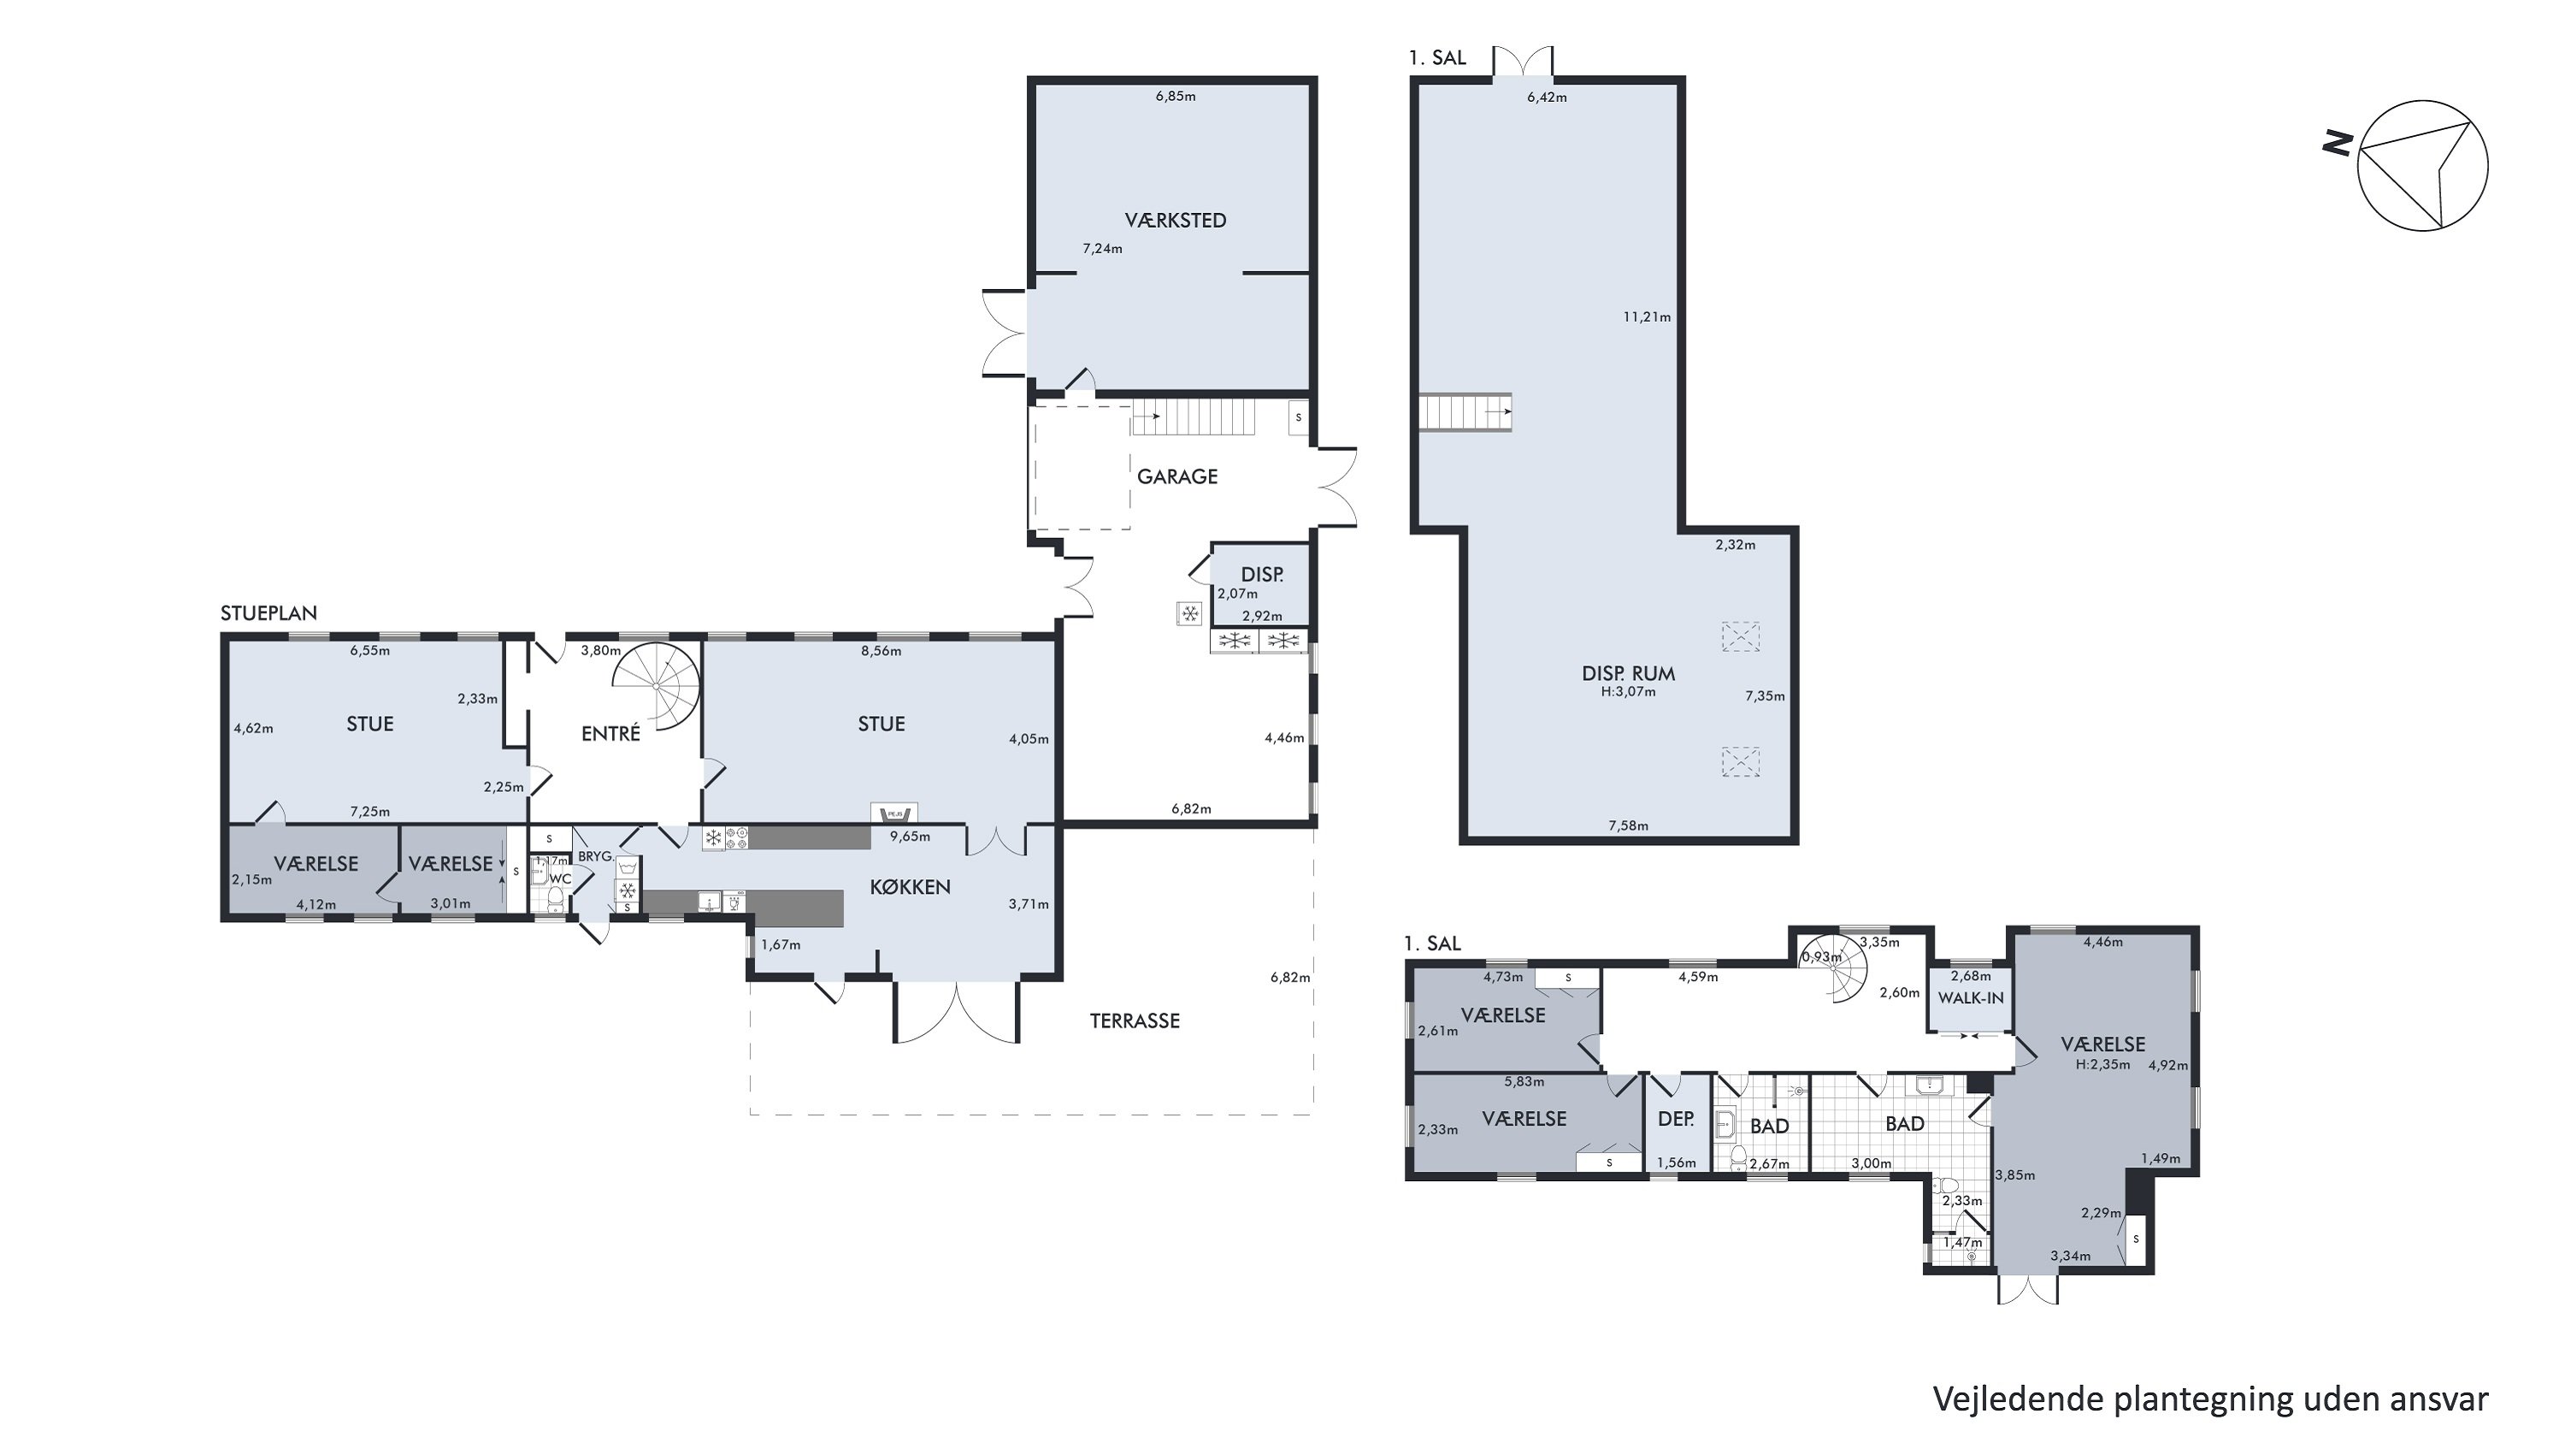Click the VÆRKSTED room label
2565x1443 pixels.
(1175, 220)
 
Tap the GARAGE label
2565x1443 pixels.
(1177, 476)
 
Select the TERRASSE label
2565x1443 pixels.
(1134, 1020)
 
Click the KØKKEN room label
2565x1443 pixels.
(910, 886)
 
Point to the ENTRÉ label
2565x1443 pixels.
(610, 733)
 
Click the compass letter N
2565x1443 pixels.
(2338, 144)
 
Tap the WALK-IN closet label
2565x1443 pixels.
(1971, 998)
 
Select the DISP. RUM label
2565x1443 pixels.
(1628, 674)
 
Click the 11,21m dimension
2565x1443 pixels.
(1647, 317)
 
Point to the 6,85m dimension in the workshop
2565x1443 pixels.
(1175, 97)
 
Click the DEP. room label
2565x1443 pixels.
(1676, 1118)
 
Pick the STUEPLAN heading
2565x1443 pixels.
(268, 613)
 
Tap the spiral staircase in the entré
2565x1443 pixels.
(657, 686)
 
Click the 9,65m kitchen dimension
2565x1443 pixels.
(909, 837)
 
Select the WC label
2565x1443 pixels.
(561, 879)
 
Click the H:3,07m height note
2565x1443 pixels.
(1628, 692)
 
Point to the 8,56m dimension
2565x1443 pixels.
(882, 651)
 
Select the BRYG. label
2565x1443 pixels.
(595, 856)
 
